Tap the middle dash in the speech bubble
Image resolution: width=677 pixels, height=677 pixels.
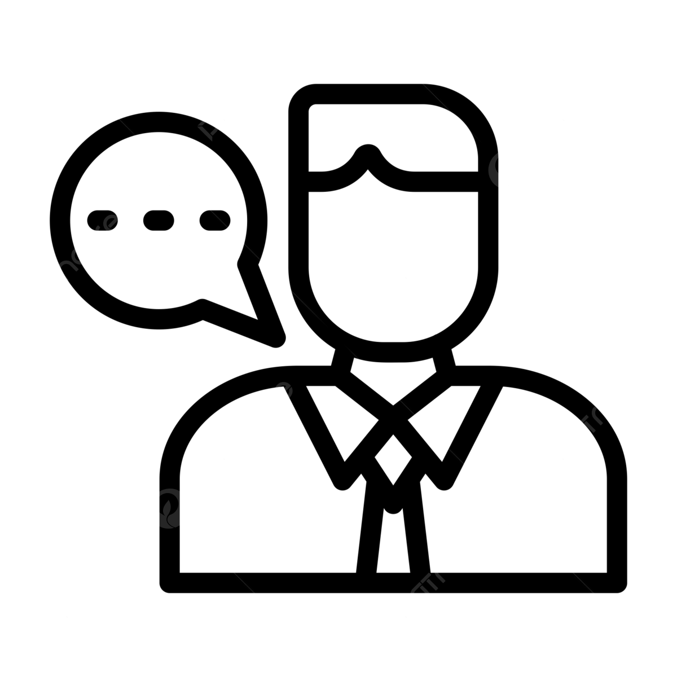pyautogui.click(x=159, y=219)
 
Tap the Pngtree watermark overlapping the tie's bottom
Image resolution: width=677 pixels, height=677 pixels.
pyautogui.click(x=426, y=587)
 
